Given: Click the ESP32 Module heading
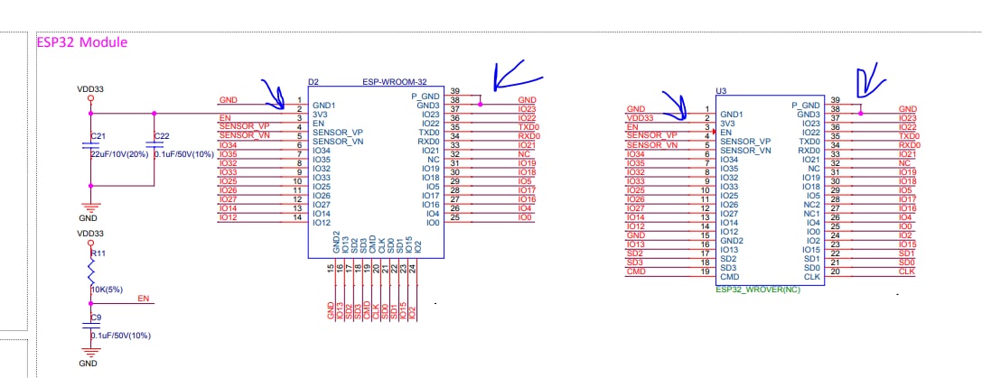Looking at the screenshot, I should (x=81, y=42).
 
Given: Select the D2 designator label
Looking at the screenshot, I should (x=314, y=82).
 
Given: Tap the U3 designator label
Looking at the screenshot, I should (x=722, y=91).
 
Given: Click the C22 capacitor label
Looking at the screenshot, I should (x=162, y=136).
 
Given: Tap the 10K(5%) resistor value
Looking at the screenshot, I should (x=107, y=289).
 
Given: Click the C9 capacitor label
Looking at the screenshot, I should (x=96, y=318).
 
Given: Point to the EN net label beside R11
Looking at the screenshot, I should (x=144, y=298).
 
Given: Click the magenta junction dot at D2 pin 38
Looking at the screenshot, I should (x=481, y=105).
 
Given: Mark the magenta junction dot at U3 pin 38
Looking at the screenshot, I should (x=861, y=114).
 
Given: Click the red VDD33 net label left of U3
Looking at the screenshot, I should (x=640, y=118).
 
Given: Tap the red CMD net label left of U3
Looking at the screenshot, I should (x=635, y=272).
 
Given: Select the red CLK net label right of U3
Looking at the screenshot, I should (x=907, y=272).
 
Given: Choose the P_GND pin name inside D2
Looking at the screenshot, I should (x=426, y=96).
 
